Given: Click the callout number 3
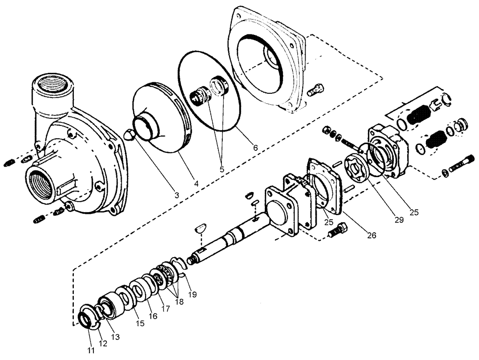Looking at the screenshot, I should [177, 195].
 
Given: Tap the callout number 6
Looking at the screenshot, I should [255, 148].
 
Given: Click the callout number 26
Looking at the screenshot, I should [372, 235].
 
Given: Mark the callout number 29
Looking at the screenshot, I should [399, 220].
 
